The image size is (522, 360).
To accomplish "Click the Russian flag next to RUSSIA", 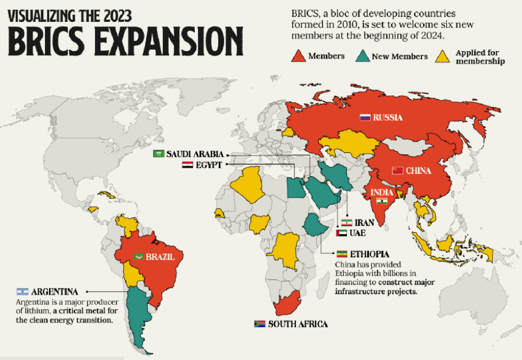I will (365, 118).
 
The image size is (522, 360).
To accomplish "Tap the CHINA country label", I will (419, 171).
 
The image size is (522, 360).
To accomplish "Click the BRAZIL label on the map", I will (158, 257).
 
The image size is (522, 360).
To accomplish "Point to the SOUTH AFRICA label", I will (298, 324).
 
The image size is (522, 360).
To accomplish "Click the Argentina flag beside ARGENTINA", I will (22, 292).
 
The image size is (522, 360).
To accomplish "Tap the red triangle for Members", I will (298, 56).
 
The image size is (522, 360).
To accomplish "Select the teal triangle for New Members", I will (361, 56).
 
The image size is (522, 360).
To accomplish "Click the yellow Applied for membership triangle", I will (444, 56).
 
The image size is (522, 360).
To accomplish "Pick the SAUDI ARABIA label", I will (195, 154).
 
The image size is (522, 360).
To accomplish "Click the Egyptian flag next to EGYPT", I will (187, 165).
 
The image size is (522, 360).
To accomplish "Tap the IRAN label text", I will (364, 223).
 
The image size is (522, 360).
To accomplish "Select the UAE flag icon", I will (342, 233).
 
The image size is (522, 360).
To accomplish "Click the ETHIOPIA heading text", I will (369, 255).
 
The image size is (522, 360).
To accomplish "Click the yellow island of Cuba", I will (106, 195).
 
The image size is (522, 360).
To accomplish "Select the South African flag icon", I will (259, 324).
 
